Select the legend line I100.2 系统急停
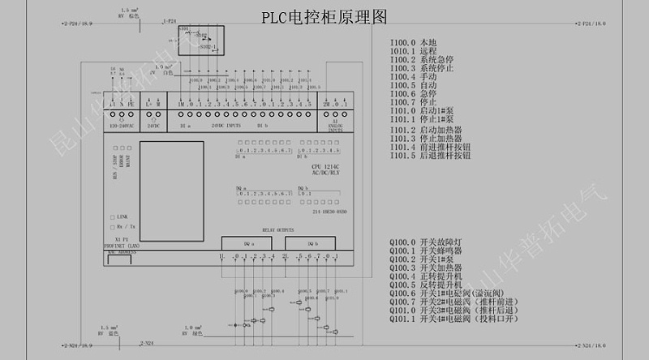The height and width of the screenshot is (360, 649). point(421,59)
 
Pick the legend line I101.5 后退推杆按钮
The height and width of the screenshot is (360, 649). point(430,155)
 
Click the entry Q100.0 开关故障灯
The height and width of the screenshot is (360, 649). point(425,242)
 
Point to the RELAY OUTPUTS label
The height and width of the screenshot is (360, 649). point(277,230)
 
